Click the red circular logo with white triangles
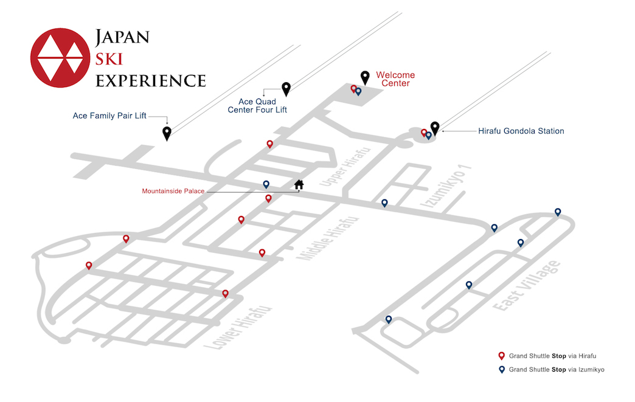pos(60,58)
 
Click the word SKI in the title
pos(109,59)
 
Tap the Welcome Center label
pos(395,79)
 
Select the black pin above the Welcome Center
pos(365,78)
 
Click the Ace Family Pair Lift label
pos(109,116)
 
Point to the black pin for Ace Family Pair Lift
pos(167,133)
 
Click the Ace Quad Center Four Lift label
pos(257,106)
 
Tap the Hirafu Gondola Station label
pos(521,131)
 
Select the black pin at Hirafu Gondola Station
pos(434,128)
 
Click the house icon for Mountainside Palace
pos(299,185)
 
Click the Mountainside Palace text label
pos(173,191)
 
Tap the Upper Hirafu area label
pos(345,167)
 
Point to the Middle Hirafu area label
pos(328,238)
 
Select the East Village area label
pos(527,286)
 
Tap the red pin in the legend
pos(501,356)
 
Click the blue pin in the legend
pos(501,370)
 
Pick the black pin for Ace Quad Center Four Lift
pos(286,89)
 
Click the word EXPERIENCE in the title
pos(151,81)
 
